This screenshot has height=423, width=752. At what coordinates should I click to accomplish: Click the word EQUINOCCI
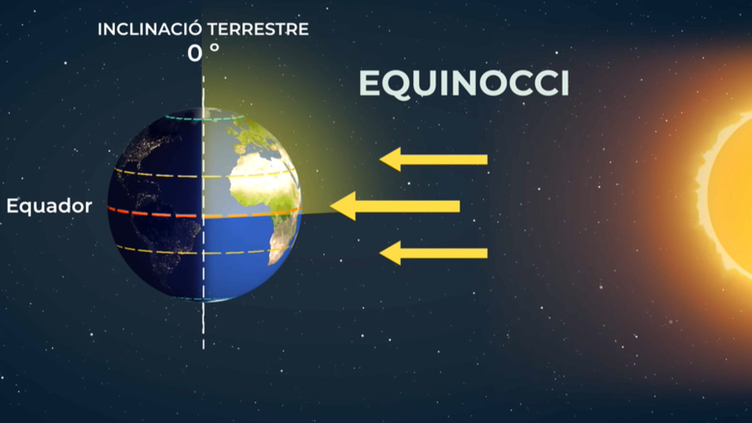[464, 84]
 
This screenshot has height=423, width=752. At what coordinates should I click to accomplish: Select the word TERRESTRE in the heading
[258, 29]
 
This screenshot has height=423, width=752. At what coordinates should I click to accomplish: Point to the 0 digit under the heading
[195, 54]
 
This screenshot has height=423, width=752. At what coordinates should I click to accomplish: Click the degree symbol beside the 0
[214, 48]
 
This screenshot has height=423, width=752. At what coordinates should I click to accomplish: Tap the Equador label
[49, 206]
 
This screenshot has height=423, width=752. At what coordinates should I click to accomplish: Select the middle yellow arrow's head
[343, 206]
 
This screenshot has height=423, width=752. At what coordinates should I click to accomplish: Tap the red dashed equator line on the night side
[155, 213]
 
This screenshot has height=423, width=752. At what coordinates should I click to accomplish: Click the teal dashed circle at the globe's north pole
[204, 118]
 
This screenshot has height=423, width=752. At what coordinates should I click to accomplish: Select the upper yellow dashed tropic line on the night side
[158, 173]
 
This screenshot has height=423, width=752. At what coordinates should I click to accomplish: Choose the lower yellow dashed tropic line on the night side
[159, 251]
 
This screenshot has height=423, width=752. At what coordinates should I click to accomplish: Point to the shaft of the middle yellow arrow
[407, 206]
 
